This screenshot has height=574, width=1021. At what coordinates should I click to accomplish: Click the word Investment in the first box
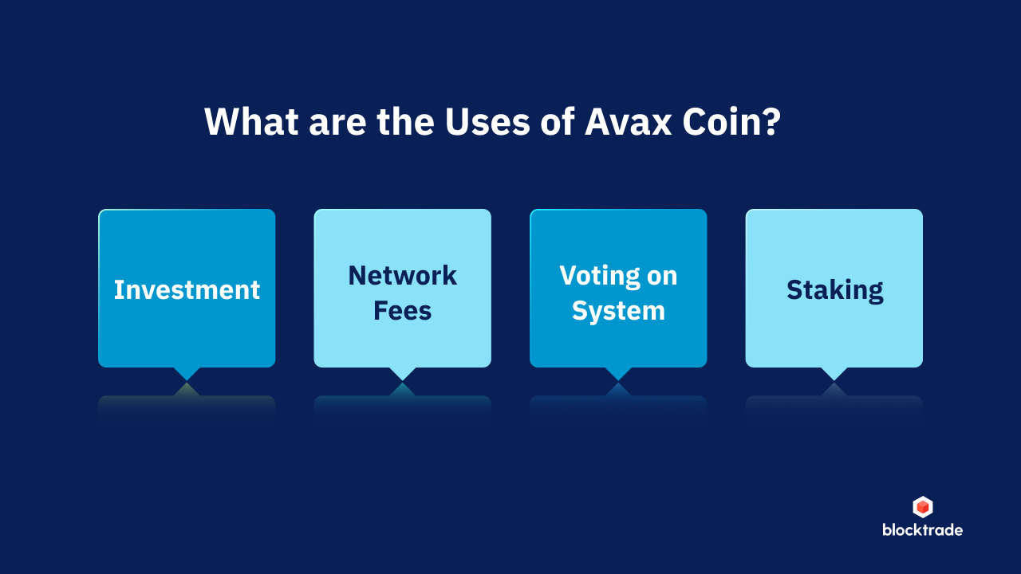(187, 289)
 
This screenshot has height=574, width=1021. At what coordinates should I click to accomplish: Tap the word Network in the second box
(402, 276)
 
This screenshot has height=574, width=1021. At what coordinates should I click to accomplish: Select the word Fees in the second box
(402, 310)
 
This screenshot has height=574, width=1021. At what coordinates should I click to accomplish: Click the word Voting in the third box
(597, 277)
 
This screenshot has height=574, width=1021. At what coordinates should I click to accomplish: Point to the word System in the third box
(618, 310)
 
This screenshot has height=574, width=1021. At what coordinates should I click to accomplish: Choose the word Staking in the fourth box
(834, 290)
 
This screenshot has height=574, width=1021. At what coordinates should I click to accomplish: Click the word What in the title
(245, 122)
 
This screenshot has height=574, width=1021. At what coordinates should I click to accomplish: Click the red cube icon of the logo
(922, 507)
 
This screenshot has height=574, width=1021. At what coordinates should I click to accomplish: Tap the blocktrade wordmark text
(922, 530)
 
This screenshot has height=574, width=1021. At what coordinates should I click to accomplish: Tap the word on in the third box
(660, 277)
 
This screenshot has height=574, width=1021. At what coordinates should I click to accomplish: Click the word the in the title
(396, 122)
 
